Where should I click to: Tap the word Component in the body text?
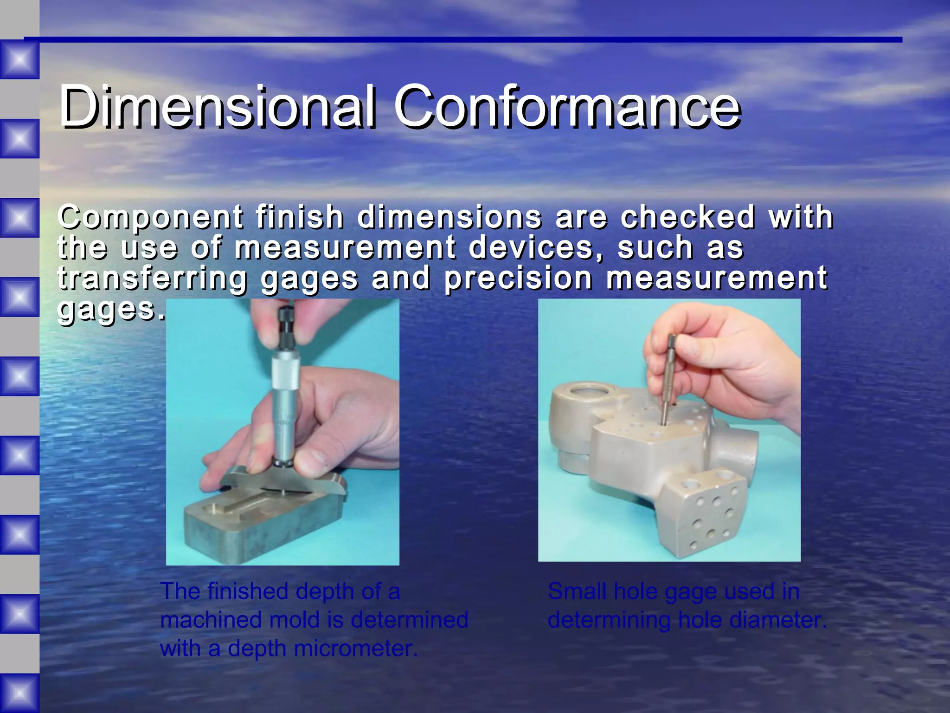[x=151, y=217]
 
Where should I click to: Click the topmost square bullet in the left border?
[x=19, y=59]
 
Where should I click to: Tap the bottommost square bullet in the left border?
[x=19, y=693]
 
